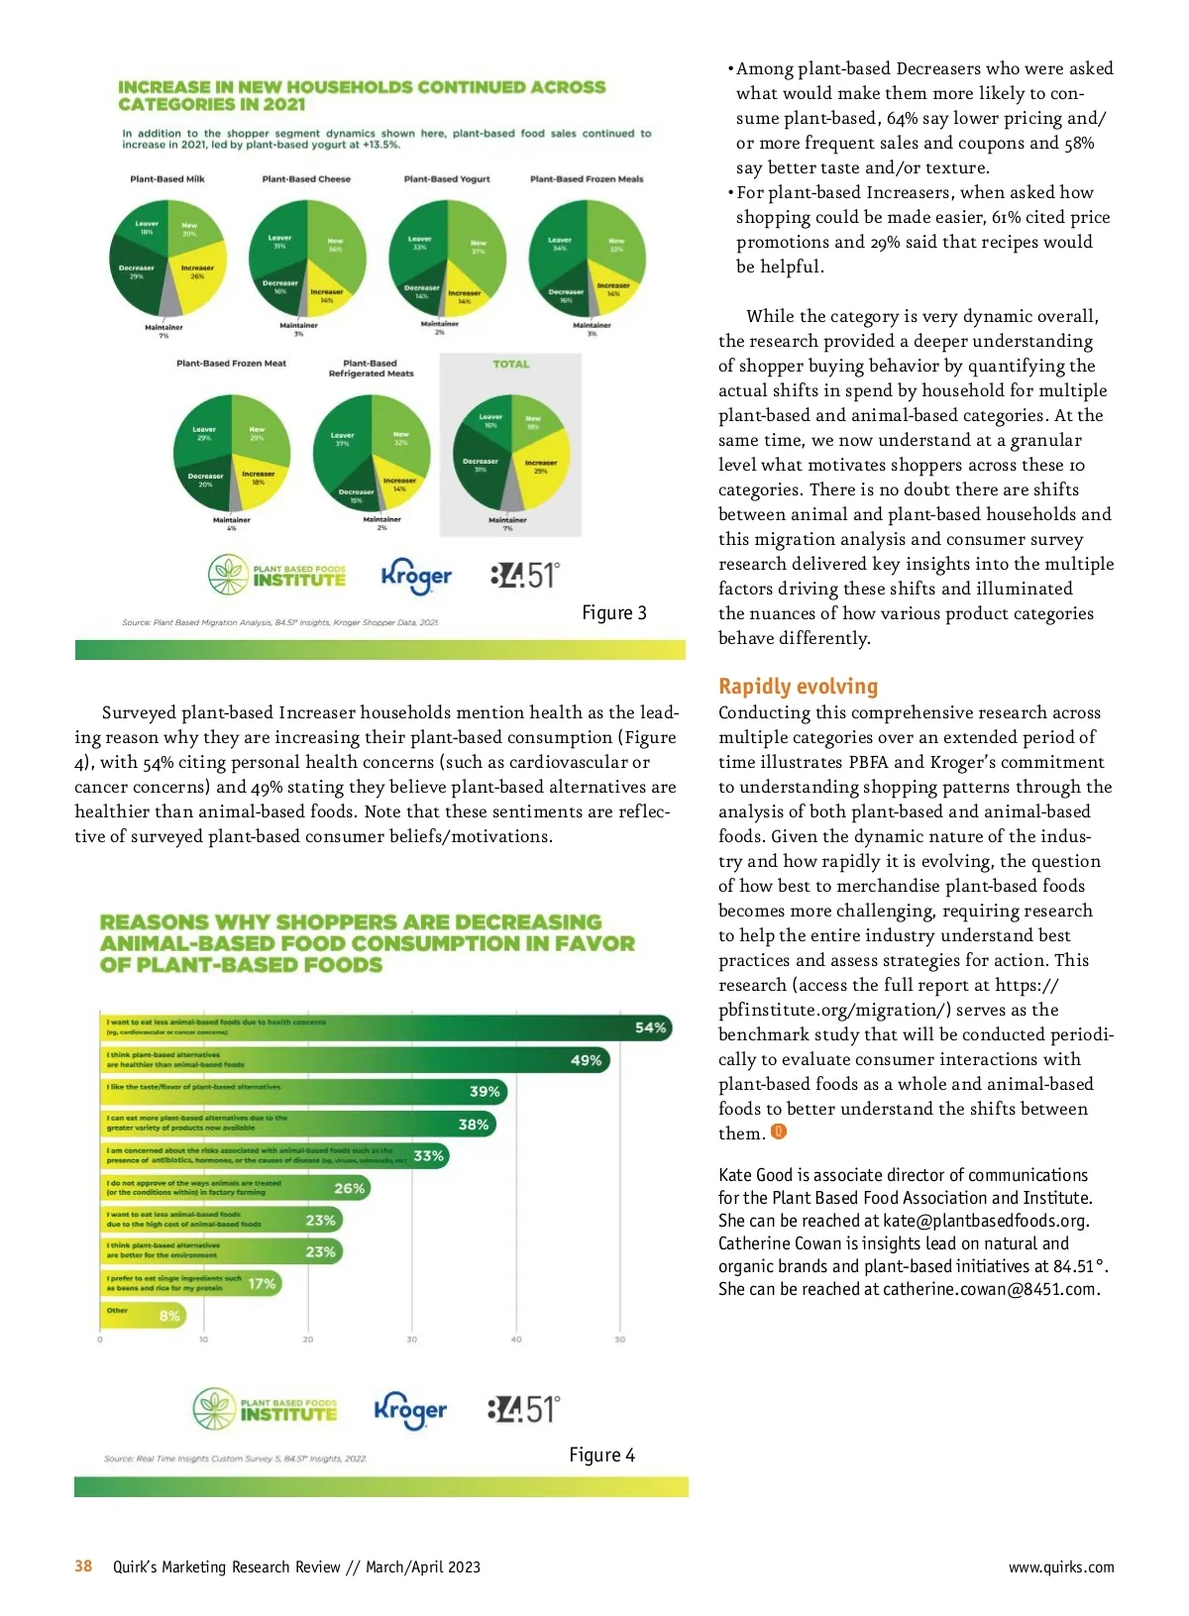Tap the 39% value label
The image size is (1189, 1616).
(x=485, y=1092)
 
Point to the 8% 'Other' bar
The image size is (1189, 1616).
(x=143, y=1316)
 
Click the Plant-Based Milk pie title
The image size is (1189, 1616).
(x=167, y=179)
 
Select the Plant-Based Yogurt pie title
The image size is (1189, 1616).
(x=447, y=179)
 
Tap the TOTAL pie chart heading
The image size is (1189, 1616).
(x=511, y=365)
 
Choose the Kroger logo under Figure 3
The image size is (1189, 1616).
(x=416, y=576)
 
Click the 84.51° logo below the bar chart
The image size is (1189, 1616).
(x=524, y=1409)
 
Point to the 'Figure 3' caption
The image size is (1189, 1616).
(x=614, y=613)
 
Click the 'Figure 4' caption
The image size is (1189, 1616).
(x=601, y=1455)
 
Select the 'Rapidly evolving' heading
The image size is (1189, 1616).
(x=798, y=687)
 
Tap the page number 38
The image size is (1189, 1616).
(x=83, y=1566)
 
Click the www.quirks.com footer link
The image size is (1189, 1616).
(x=1061, y=1567)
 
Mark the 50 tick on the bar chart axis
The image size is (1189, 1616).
(x=620, y=1340)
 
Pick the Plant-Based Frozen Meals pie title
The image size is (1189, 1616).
(x=587, y=179)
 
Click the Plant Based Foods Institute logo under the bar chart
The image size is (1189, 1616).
(x=266, y=1409)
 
